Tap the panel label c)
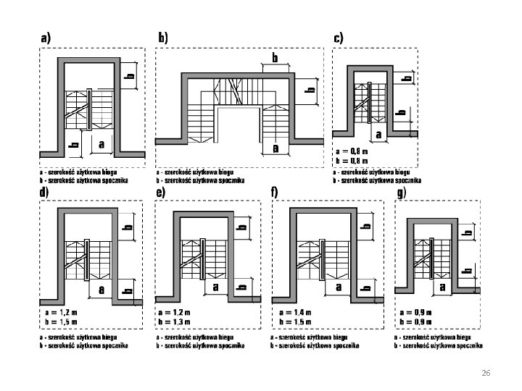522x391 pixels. [x=339, y=36]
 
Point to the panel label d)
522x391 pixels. [x=45, y=193]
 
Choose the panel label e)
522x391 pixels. [x=160, y=193]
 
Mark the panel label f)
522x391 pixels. [x=275, y=193]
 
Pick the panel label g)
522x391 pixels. [x=400, y=193]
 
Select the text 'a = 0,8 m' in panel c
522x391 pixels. [x=352, y=151]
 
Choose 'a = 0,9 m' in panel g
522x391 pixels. [x=415, y=312]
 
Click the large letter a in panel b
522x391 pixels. [x=275, y=149]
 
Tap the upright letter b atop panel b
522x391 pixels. [x=275, y=56]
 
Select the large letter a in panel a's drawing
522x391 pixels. [x=101, y=144]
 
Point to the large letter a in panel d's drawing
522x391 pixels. [x=102, y=289]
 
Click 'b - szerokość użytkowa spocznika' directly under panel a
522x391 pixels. [x=83, y=180]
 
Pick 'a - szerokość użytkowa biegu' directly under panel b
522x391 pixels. [x=195, y=172]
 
